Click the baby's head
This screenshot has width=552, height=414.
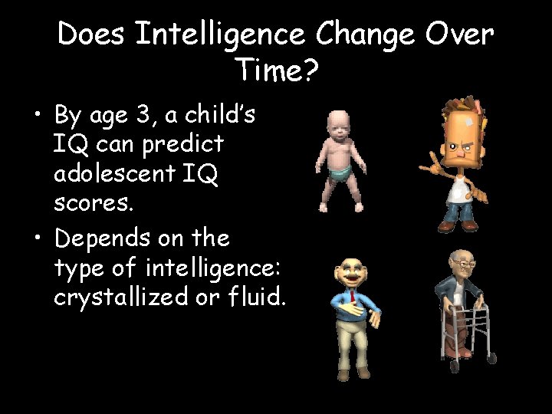pyautogui.click(x=339, y=123)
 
